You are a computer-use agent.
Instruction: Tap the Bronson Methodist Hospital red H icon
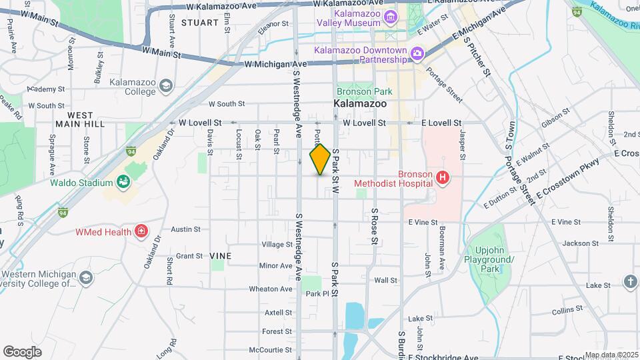(442, 178)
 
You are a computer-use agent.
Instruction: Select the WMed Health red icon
(141, 231)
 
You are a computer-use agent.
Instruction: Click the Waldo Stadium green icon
(123, 182)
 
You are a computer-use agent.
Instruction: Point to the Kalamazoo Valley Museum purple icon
(389, 17)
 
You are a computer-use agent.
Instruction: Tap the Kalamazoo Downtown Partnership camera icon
(417, 53)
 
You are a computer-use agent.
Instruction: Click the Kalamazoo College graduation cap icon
(165, 86)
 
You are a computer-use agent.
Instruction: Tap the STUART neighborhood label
(199, 23)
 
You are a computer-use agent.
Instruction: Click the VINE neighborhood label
(220, 256)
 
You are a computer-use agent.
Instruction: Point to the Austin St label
(186, 229)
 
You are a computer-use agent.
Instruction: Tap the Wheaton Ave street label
(271, 289)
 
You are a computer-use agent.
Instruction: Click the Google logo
(22, 352)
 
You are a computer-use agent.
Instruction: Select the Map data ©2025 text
(611, 355)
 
